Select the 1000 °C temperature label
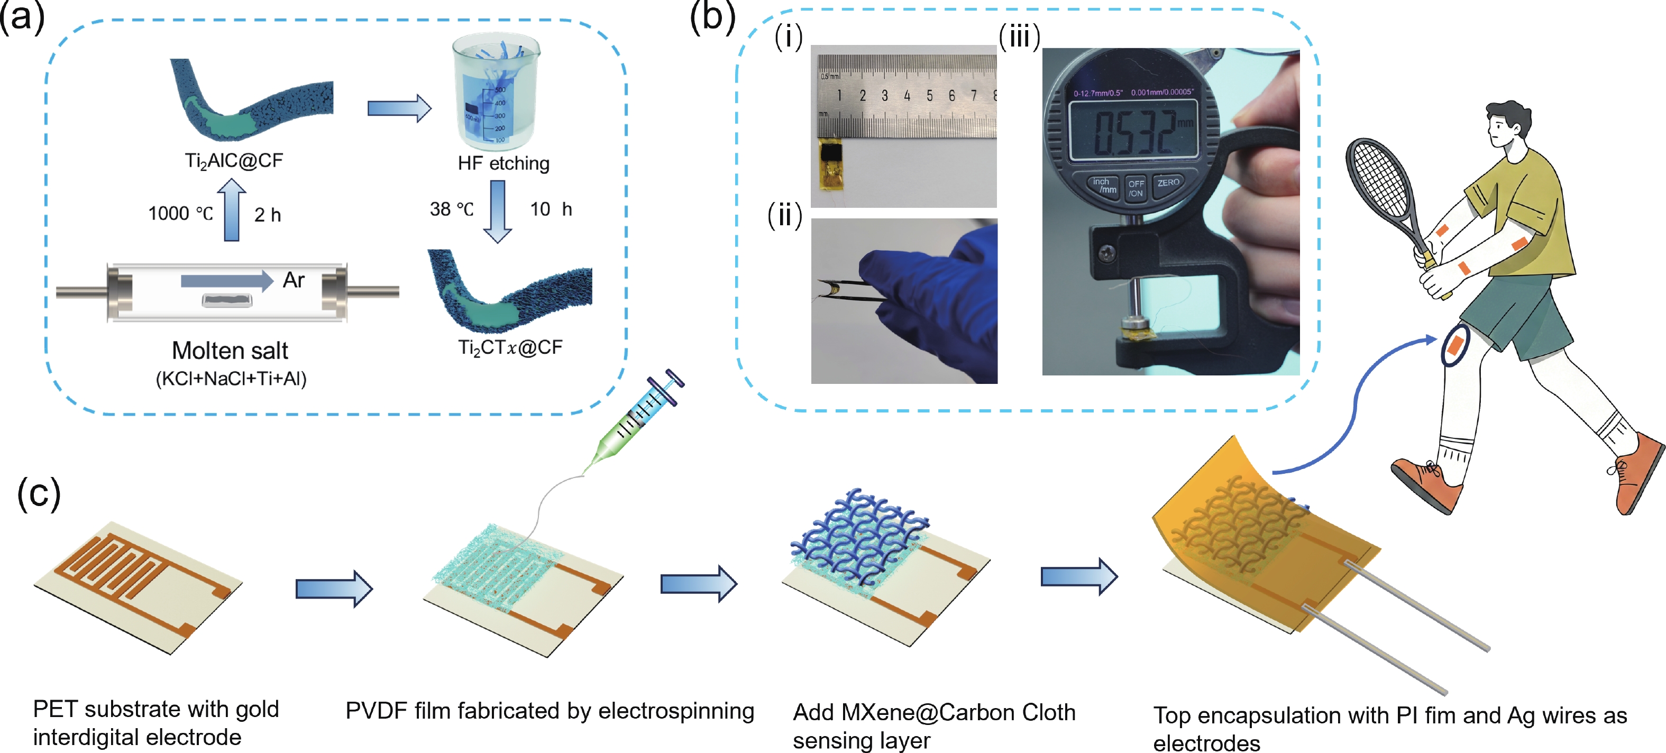pos(180,213)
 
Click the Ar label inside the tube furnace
pos(294,280)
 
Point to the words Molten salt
pos(230,350)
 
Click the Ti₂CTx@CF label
pos(510,348)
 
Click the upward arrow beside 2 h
pos(232,209)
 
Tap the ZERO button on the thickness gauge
pos(1168,183)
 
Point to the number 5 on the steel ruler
pos(929,96)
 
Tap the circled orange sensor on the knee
pos(1454,345)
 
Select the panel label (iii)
pos(1019,37)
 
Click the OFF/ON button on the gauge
pos(1136,188)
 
